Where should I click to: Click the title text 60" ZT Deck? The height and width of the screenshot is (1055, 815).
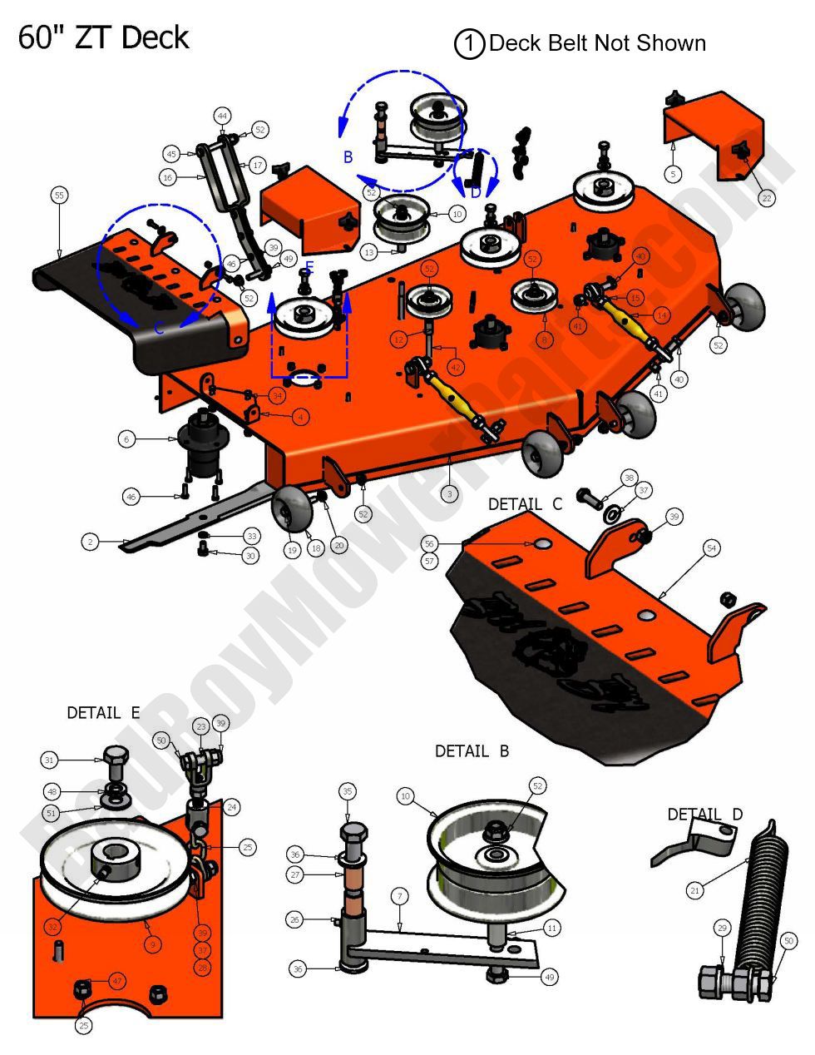[103, 38]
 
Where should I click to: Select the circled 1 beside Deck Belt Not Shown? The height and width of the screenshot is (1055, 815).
[469, 44]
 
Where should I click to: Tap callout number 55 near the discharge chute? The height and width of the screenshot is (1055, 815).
[58, 196]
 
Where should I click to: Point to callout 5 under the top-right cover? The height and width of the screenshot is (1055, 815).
[673, 174]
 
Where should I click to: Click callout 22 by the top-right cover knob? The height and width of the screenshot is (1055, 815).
[766, 198]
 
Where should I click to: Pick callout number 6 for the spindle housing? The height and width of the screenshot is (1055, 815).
[126, 438]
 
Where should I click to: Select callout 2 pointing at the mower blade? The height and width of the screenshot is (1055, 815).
[91, 542]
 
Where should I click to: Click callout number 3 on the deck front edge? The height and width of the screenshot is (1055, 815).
[449, 493]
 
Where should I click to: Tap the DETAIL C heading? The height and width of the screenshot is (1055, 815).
[525, 504]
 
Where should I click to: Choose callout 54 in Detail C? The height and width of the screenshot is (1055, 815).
[711, 548]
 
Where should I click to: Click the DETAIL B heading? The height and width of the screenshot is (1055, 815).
[472, 751]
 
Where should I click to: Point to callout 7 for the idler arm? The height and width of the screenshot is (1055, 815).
[400, 896]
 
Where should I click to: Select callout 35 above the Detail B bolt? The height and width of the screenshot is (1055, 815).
[347, 790]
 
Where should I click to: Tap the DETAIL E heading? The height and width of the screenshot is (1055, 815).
[103, 713]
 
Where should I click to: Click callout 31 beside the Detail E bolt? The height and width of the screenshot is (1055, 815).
[49, 760]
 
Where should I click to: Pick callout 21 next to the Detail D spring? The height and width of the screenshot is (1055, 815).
[695, 890]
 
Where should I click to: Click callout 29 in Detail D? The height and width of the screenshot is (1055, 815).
[722, 926]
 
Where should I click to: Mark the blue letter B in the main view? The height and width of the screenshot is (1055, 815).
[348, 156]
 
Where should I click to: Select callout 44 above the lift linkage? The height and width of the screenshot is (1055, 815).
[222, 115]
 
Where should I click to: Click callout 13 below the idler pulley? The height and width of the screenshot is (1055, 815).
[370, 251]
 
